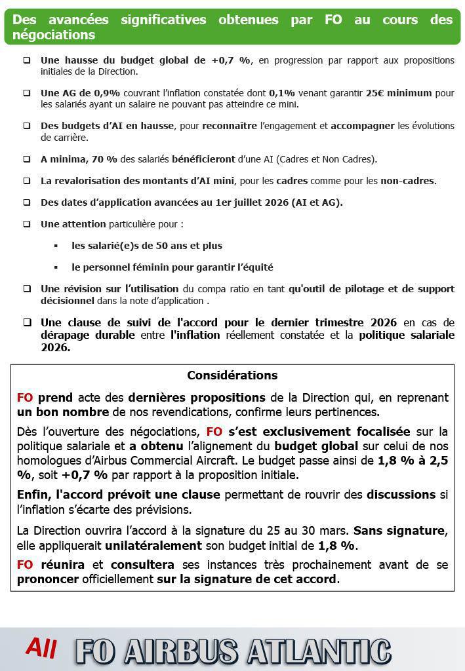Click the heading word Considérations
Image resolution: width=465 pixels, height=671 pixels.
232,375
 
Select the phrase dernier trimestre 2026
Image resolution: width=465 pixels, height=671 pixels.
342,322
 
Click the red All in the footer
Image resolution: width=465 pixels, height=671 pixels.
41,648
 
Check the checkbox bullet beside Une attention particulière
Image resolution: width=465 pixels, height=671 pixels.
27,224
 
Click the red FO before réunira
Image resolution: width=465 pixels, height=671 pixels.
25,565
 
